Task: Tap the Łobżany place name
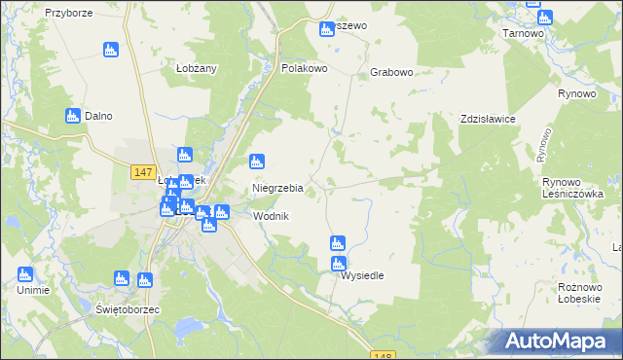[x=196, y=68]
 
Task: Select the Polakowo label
[x=304, y=69]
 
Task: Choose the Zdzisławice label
[x=488, y=119]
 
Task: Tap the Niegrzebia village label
[x=278, y=188]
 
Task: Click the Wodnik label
[x=272, y=216]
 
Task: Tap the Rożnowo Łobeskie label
[x=584, y=292]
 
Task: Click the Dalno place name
[x=98, y=117]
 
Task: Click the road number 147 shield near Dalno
[x=142, y=172]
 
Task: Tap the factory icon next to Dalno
[x=72, y=116]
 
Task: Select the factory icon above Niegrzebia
[x=258, y=162]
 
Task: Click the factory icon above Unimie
[x=25, y=274]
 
